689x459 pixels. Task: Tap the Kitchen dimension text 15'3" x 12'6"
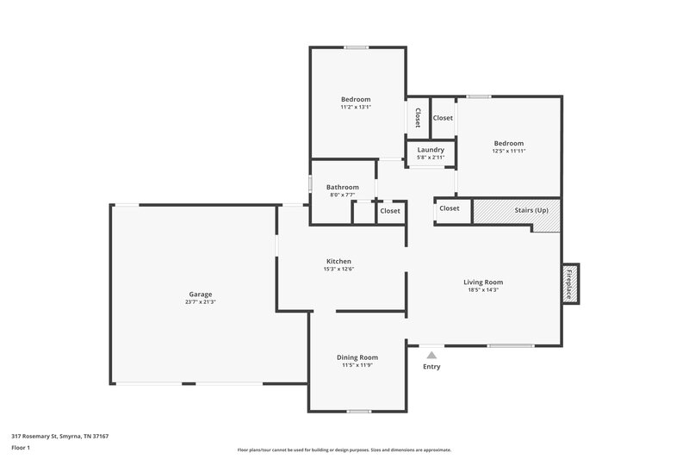click(338, 270)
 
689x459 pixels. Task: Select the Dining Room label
click(357, 357)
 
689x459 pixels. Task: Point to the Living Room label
click(482, 282)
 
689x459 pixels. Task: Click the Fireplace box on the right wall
click(570, 283)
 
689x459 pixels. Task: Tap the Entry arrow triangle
click(431, 354)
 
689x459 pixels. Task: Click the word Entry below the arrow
click(431, 367)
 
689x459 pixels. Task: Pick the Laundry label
click(430, 150)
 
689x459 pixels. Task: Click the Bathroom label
click(342, 187)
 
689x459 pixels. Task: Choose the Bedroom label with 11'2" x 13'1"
click(356, 99)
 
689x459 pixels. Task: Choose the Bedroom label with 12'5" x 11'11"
click(508, 143)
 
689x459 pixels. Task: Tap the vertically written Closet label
click(418, 118)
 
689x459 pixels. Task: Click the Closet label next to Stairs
click(449, 208)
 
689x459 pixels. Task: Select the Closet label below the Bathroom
click(390, 211)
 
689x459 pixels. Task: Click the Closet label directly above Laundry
click(443, 118)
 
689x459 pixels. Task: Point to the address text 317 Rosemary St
click(59, 436)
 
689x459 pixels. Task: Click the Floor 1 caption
click(22, 448)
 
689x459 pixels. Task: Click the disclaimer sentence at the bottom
click(344, 450)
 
